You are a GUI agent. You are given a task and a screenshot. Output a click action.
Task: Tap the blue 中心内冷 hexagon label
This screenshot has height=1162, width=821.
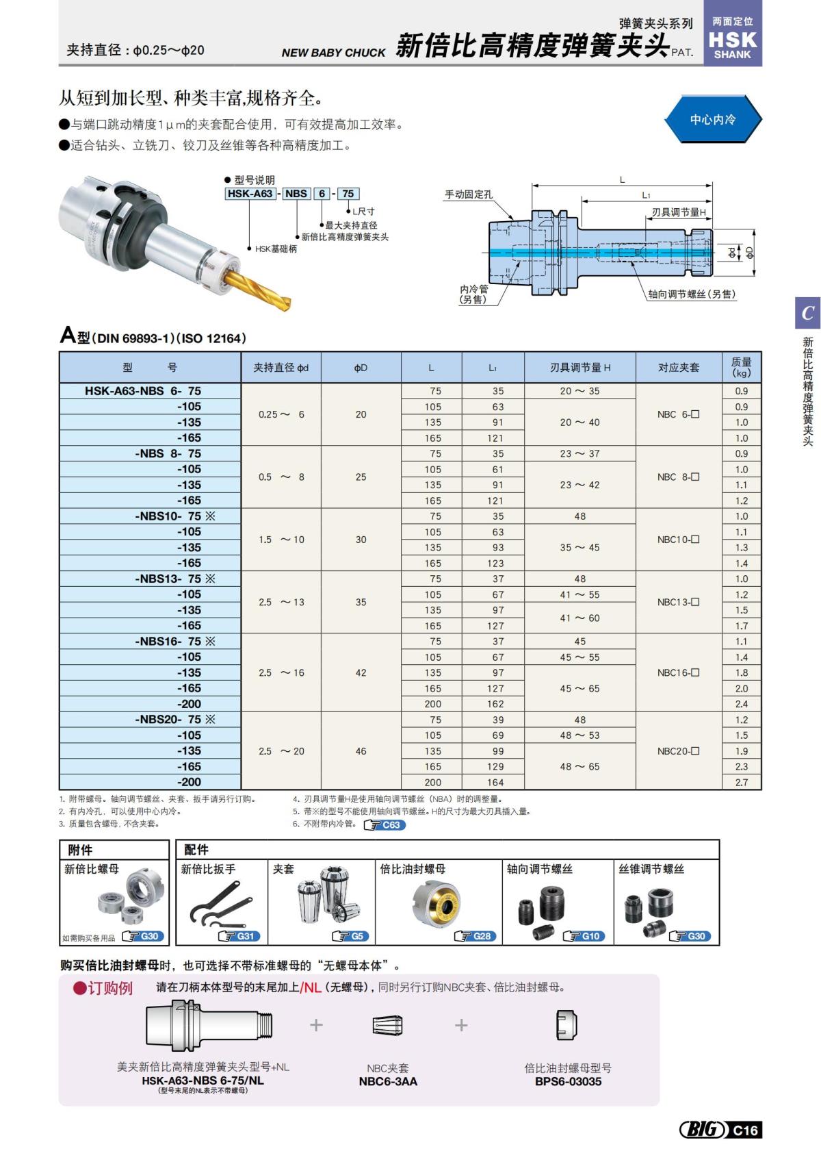point(712,119)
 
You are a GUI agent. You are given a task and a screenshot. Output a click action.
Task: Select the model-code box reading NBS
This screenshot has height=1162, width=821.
point(296,194)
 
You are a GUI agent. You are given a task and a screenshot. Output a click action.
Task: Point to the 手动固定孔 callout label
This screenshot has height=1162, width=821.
point(469,194)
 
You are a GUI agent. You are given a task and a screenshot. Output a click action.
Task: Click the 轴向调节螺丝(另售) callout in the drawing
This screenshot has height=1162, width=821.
point(692,294)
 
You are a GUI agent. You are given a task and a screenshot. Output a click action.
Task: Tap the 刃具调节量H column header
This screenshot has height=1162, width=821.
point(579,368)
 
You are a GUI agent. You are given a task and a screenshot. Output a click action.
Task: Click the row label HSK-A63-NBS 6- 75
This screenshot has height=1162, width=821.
point(143,391)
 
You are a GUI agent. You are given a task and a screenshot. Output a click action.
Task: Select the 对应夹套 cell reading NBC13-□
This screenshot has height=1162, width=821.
point(678,603)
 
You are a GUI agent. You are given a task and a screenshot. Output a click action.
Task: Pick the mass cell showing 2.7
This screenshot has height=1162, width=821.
point(742,782)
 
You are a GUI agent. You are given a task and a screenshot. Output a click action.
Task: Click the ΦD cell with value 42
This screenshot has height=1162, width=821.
point(361,673)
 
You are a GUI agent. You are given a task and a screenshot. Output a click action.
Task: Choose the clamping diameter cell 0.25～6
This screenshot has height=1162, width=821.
point(281,414)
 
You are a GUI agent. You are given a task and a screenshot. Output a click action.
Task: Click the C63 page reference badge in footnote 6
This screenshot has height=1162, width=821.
point(385,825)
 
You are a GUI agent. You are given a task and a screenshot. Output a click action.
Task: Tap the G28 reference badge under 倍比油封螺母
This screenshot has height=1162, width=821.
point(476,936)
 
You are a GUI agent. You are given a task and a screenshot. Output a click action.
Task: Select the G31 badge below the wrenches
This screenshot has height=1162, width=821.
point(239,936)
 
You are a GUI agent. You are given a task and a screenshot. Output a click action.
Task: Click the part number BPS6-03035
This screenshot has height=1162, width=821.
point(568,1081)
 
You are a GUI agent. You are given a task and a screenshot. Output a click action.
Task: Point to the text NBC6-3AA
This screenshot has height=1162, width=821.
point(388,1081)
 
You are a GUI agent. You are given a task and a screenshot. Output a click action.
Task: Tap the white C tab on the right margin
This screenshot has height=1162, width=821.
point(807,313)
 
